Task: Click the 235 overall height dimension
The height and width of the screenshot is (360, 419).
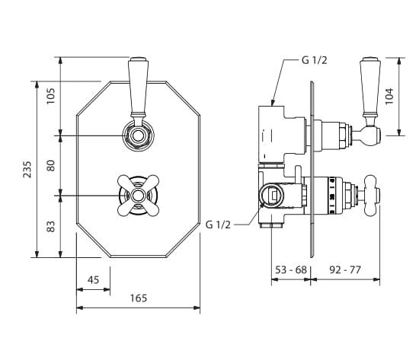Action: [27, 169]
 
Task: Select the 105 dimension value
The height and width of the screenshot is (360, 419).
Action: [50, 96]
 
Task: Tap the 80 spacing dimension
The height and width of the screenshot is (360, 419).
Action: [50, 166]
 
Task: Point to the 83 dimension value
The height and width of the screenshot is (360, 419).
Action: [50, 227]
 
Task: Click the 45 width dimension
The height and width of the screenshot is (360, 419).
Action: [93, 280]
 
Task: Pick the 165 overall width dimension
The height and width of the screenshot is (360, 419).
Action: [139, 298]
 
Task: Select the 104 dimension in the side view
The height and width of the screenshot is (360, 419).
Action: [389, 96]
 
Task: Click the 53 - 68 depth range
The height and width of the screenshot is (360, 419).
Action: [291, 269]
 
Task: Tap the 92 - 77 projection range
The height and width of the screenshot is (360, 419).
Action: [345, 269]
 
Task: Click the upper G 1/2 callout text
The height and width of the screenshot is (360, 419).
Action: [314, 60]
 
